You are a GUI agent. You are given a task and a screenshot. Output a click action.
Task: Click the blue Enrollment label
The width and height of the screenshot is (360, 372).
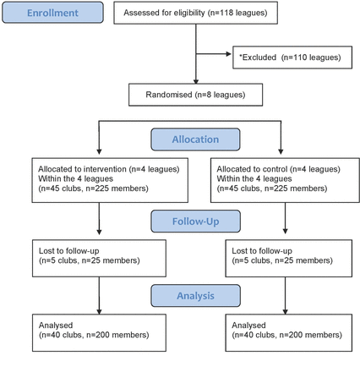[x=52, y=13]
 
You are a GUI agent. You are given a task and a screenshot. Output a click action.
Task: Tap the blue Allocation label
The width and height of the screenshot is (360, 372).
[x=195, y=139]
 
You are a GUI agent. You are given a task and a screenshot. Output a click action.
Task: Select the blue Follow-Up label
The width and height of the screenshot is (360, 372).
[x=195, y=222]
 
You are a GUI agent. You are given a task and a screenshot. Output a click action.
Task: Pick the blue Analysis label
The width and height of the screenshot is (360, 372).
[x=195, y=296]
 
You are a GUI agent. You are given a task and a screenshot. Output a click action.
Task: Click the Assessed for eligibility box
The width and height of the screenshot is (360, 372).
[x=195, y=13]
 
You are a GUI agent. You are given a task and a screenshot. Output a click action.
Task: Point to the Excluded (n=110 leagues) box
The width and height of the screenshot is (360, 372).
[x=292, y=57]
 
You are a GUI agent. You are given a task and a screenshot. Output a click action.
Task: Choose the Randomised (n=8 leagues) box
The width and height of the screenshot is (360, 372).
[x=195, y=95]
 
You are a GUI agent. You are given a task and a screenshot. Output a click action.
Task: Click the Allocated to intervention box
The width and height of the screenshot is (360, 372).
[x=110, y=180]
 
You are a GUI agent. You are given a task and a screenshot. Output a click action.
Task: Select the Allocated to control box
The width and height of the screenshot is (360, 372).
[x=285, y=180]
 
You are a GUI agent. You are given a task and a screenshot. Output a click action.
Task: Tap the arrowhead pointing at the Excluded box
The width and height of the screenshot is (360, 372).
[x=229, y=54]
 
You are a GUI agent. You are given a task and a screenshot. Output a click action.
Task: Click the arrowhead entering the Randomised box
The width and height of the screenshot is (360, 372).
[x=196, y=81]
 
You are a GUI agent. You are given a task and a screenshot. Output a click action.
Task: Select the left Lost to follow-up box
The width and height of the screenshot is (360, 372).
[x=99, y=258]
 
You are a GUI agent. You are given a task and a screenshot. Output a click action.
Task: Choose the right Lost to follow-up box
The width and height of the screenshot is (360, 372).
[x=289, y=258]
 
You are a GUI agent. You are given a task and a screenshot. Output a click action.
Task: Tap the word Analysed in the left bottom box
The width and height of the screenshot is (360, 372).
[x=56, y=325]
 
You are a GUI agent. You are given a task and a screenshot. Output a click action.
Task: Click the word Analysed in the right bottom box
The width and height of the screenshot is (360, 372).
[x=248, y=325]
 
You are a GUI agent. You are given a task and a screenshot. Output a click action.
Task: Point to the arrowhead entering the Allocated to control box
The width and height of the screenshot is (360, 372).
[x=281, y=151]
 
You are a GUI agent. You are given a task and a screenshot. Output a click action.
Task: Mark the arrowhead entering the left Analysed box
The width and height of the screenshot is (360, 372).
[x=99, y=312]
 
